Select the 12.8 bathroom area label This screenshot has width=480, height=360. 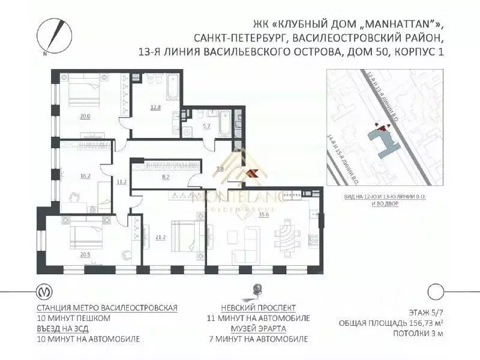point(155,107)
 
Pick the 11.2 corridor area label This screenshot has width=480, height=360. point(122,181)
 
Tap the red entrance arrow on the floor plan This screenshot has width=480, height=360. point(253,173)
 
